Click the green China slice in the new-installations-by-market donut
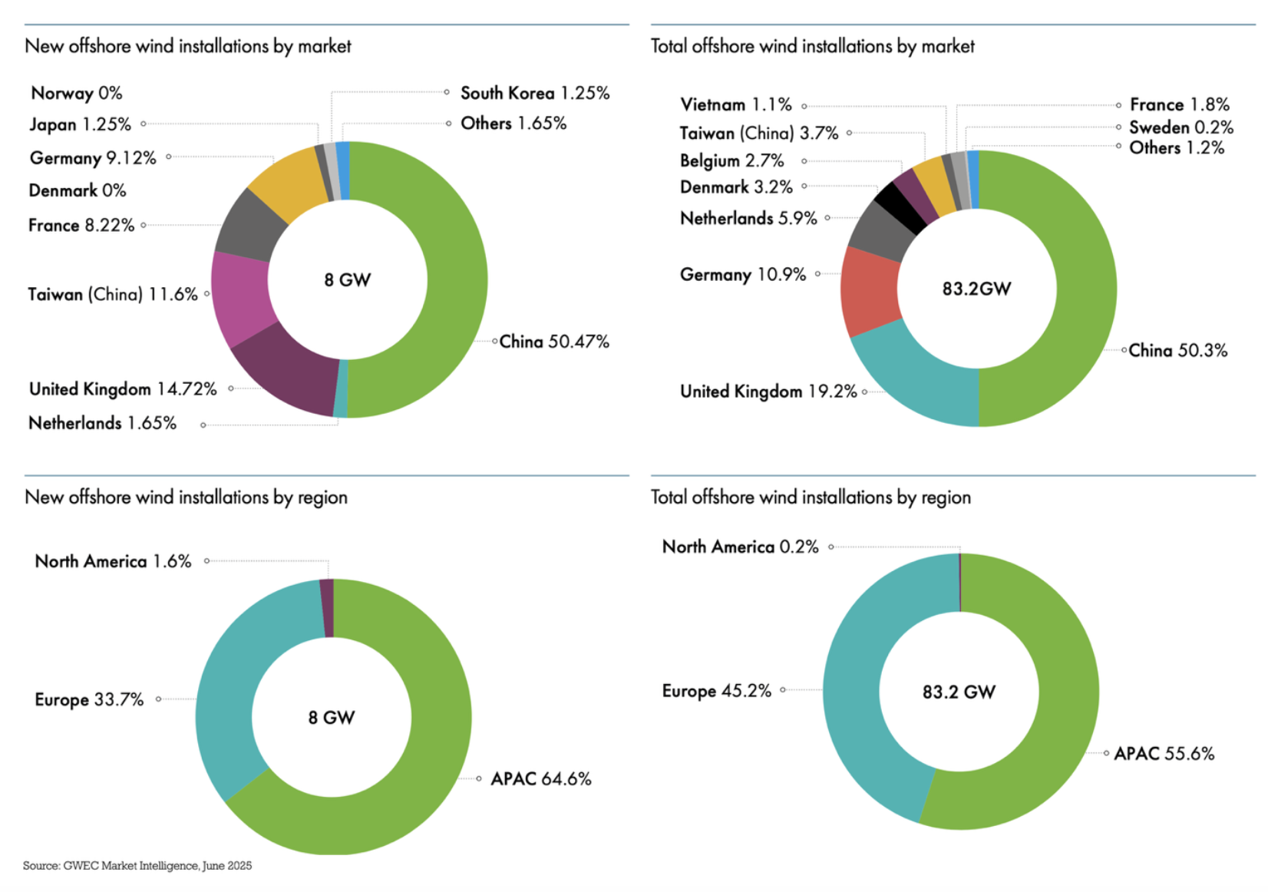[457, 280]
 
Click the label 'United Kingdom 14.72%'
[123, 389]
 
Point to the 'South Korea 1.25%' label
[534, 93]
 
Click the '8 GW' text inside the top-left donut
[347, 280]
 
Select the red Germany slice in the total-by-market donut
[869, 290]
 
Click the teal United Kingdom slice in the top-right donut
[913, 384]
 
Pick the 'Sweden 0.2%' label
[1180, 127]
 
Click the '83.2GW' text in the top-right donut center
[976, 289]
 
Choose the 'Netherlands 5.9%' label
[748, 218]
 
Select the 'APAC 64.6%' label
[540, 778]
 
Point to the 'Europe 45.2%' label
[716, 690]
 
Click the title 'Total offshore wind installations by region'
[811, 497]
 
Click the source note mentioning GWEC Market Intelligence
[137, 865]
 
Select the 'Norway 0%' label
[76, 93]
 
